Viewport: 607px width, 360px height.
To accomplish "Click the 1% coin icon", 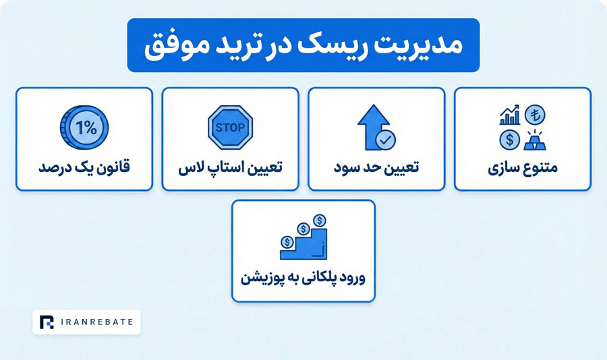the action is [84, 127].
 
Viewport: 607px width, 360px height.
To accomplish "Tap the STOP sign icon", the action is [231, 127].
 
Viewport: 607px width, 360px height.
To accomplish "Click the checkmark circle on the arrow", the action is [386, 140].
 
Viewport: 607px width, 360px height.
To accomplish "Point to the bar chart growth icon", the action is [509, 115].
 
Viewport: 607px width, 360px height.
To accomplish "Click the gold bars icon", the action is [535, 140].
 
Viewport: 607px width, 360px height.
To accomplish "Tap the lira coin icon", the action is [535, 115].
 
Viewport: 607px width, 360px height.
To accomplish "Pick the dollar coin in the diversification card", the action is [509, 140].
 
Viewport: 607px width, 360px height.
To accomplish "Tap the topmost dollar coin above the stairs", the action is [320, 220].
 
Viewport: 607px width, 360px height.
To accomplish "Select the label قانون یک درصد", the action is [84, 169].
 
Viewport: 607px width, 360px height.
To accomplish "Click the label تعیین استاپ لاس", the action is [231, 169].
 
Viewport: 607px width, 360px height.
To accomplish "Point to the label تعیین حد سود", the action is [376, 169].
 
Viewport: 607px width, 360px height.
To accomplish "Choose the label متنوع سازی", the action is [523, 169].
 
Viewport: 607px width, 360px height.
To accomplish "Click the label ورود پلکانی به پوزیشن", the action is [303, 278].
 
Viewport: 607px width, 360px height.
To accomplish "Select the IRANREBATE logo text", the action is [97, 322].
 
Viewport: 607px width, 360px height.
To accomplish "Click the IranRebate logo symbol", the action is [47, 322].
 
